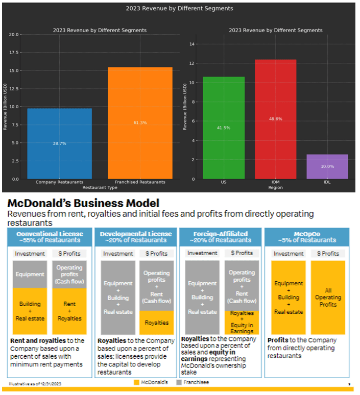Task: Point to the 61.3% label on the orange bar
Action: pyautogui.click(x=139, y=122)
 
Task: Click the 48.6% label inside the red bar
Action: pyautogui.click(x=275, y=119)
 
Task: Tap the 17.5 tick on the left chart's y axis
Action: pyautogui.click(x=14, y=53)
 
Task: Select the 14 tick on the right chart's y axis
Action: pyautogui.click(x=193, y=44)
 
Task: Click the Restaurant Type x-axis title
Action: pyautogui.click(x=100, y=187)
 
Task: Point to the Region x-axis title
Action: pyautogui.click(x=275, y=187)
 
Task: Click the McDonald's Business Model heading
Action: pyautogui.click(x=83, y=203)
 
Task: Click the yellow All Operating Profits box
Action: pyautogui.click(x=328, y=297)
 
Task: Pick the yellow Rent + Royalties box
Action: pyautogui.click(x=69, y=311)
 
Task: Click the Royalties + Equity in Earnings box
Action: pyautogui.click(x=242, y=322)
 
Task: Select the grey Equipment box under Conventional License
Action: pyautogui.click(x=30, y=274)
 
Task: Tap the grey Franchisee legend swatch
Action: pyautogui.click(x=179, y=382)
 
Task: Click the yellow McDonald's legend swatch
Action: pyautogui.click(x=136, y=382)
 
